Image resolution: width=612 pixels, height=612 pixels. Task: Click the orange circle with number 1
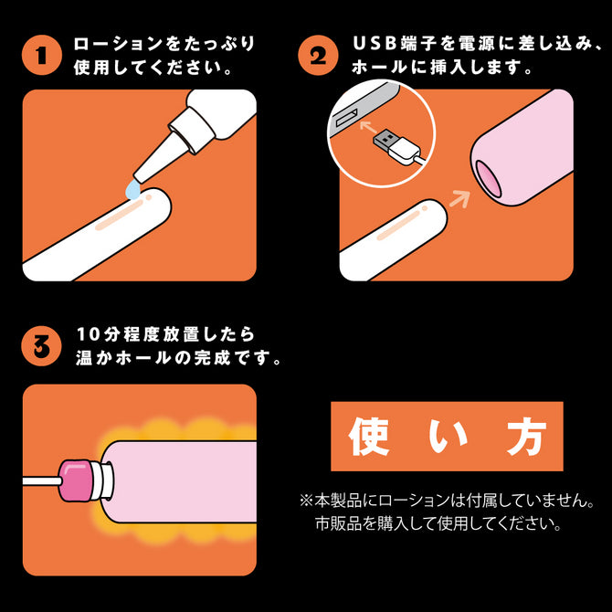click(x=42, y=55)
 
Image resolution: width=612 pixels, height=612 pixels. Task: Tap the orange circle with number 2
click(x=318, y=55)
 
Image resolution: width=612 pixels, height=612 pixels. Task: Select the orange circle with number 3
click(x=41, y=346)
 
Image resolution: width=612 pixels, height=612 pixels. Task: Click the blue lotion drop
click(x=133, y=191)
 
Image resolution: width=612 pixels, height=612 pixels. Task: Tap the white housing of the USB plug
click(x=405, y=153)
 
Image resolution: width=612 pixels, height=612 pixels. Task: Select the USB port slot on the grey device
click(x=346, y=117)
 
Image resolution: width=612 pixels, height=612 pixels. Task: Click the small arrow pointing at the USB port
click(x=368, y=127)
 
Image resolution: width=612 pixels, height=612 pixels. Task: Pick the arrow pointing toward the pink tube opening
click(x=460, y=198)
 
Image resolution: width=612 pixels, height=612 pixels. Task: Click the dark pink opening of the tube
click(x=489, y=179)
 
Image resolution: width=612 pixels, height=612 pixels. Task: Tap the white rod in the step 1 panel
click(x=98, y=234)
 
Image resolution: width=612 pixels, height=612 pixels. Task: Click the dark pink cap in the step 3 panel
click(x=76, y=480)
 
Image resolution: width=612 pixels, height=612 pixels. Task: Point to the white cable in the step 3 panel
click(x=41, y=481)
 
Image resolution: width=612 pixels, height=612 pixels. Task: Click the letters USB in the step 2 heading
click(x=375, y=43)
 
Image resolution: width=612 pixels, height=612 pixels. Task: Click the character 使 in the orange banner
click(x=368, y=436)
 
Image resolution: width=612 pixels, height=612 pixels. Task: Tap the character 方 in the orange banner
click(x=526, y=436)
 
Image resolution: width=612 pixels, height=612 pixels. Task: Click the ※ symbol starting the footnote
click(x=306, y=501)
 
